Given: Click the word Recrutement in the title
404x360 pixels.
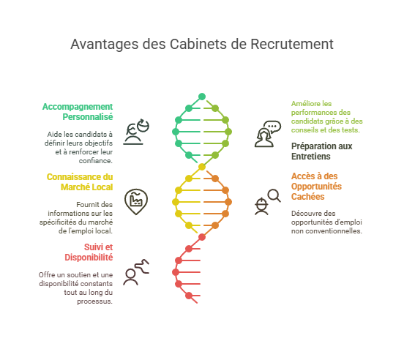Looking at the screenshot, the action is tap(292, 44).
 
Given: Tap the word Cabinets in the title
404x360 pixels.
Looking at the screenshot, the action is tap(198, 44).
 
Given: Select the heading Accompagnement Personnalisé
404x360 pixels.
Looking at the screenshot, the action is tap(78, 112).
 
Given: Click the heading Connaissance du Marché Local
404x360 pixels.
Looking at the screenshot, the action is tap(80, 182).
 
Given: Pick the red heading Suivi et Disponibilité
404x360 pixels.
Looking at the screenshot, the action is tap(89, 252).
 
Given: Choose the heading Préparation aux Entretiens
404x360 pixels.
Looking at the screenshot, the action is tap(321, 151).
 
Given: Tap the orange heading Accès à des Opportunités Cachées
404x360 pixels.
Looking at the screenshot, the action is tap(316, 187).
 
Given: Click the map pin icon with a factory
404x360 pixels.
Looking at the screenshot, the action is tap(136, 202).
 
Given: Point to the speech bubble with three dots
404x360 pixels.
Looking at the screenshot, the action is tap(272, 127).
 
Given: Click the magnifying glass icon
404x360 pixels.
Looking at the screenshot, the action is tap(274, 195).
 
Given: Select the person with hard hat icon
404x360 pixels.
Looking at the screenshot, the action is tap(261, 206).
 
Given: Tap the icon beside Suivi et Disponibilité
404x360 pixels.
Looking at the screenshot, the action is tap(136, 272).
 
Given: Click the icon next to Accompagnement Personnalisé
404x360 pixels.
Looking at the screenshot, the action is tap(136, 132).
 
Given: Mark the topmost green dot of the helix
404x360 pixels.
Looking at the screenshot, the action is tap(202, 97).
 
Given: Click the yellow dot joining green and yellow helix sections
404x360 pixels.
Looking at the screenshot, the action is tap(202, 167).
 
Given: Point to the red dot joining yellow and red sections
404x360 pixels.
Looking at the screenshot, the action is tap(202, 237).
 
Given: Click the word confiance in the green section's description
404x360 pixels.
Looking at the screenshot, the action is tap(96, 161).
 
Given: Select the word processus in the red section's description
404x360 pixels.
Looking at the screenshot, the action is tap(95, 301).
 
